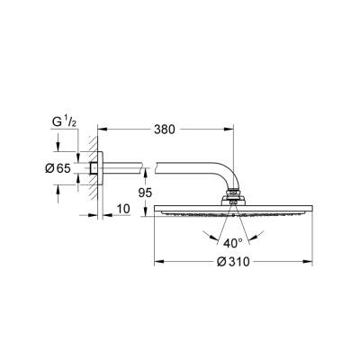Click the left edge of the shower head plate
[158, 209]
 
